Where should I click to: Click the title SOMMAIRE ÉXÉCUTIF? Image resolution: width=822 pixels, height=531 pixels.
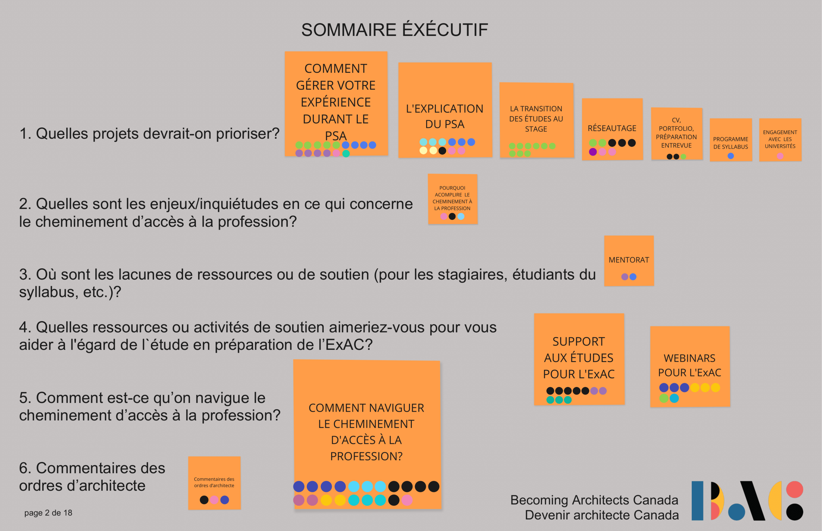click(x=395, y=30)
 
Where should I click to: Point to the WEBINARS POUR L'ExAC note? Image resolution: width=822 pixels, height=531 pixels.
click(x=689, y=365)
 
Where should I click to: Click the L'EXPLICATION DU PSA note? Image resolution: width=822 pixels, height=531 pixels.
click(x=445, y=116)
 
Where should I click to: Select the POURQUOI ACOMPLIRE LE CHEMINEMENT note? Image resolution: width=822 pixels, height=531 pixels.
click(x=452, y=198)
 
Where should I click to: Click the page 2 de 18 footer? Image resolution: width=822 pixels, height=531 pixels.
click(x=48, y=513)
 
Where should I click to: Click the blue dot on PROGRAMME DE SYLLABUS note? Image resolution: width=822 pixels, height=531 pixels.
click(x=731, y=156)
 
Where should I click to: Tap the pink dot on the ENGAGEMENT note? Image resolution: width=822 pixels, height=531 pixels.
click(x=780, y=156)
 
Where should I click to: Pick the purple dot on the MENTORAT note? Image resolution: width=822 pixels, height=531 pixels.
click(x=624, y=277)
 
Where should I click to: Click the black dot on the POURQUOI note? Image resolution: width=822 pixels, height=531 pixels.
click(x=452, y=217)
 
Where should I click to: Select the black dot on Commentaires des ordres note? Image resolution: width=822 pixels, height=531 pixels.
click(x=204, y=500)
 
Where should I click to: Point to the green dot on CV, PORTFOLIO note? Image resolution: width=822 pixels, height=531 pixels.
click(x=683, y=157)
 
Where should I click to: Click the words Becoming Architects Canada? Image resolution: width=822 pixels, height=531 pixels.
click(x=594, y=500)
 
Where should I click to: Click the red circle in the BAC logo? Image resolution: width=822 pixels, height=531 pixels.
click(x=794, y=490)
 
